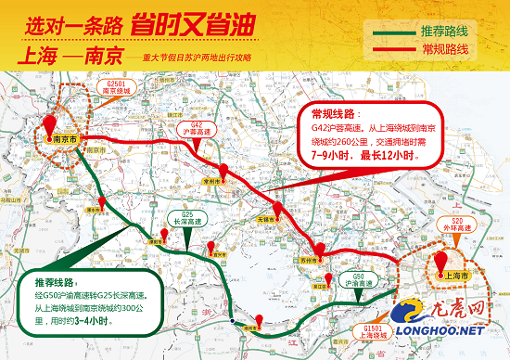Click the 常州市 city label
(214, 183)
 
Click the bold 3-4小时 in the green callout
(92, 320)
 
